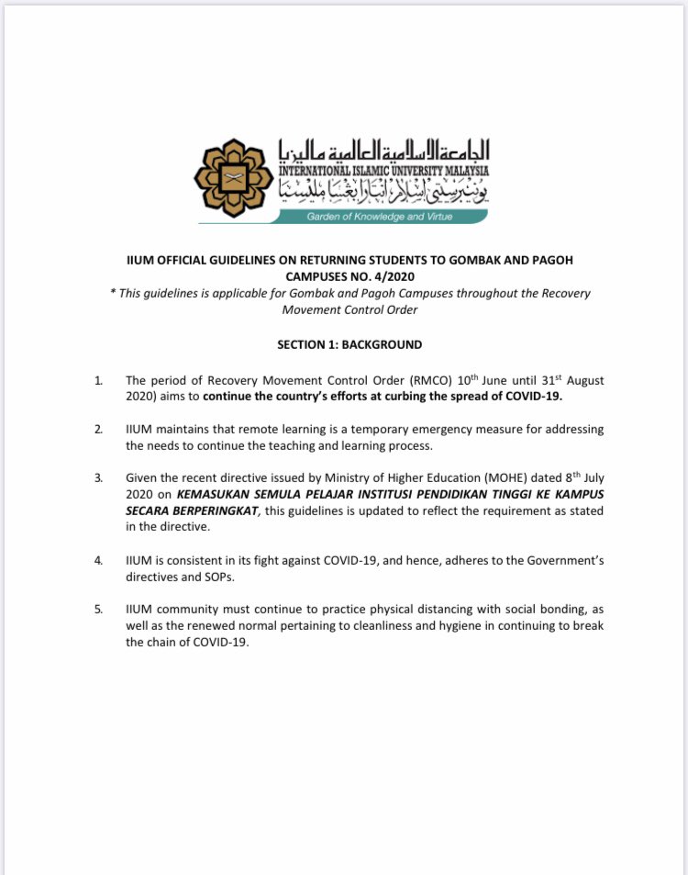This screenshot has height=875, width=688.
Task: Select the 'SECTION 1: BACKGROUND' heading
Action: [350, 344]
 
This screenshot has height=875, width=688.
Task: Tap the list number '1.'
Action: [99, 380]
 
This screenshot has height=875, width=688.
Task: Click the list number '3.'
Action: [99, 479]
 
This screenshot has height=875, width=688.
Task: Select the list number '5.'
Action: [99, 610]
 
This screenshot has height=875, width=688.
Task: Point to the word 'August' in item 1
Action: [581, 380]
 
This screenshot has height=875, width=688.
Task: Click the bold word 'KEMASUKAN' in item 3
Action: [220, 496]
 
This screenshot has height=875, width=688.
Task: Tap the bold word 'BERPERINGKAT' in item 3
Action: [215, 511]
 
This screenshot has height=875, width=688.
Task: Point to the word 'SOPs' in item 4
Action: [217, 577]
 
